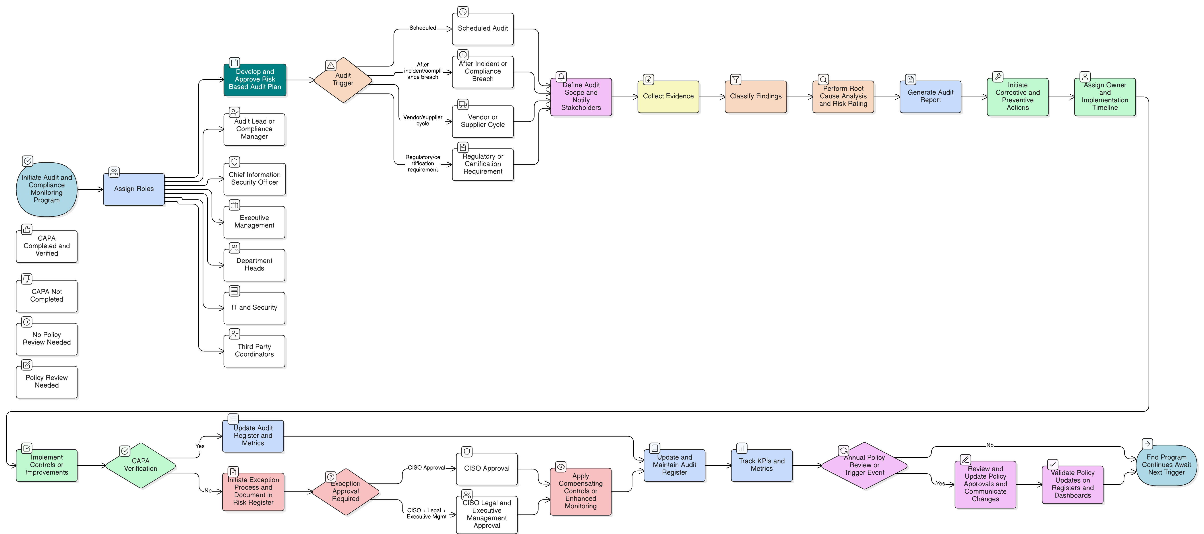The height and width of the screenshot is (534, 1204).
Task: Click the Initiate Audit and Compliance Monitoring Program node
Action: [x=47, y=189]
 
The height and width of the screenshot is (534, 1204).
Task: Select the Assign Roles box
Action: [x=134, y=189]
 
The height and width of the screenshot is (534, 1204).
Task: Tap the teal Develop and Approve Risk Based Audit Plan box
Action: [x=255, y=80]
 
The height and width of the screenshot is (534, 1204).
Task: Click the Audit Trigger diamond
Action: [x=343, y=80]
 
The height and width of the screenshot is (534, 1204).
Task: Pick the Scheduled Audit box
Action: [x=483, y=29]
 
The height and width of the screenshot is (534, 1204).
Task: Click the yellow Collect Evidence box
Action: [x=668, y=96]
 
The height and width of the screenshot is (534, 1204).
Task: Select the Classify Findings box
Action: [x=756, y=96]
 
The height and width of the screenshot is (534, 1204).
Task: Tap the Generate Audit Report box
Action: [x=931, y=96]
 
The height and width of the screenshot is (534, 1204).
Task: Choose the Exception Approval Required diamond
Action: [x=346, y=491]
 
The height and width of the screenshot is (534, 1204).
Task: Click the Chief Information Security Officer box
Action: [x=255, y=179]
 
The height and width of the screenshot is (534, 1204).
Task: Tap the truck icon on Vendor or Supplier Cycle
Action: [x=463, y=104]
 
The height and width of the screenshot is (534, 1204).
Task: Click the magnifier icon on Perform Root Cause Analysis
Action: [x=824, y=80]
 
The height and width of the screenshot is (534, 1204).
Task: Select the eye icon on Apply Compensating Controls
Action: [x=561, y=467]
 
